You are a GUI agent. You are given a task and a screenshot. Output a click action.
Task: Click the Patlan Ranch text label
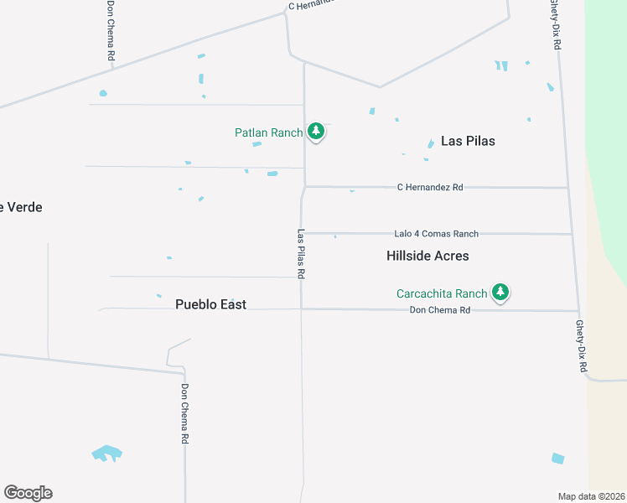click(x=268, y=132)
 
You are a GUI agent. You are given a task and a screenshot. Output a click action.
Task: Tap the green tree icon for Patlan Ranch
click(x=316, y=131)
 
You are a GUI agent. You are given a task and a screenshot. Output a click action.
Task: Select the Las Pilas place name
click(x=468, y=141)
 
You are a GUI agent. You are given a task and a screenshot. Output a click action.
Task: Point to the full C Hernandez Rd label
click(x=429, y=188)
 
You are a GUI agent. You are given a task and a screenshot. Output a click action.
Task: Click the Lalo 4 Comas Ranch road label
click(x=436, y=234)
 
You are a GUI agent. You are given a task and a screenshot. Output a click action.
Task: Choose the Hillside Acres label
click(x=427, y=256)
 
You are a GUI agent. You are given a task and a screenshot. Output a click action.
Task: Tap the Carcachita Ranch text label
click(x=442, y=293)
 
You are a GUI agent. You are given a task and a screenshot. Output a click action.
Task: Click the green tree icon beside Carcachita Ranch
click(x=500, y=292)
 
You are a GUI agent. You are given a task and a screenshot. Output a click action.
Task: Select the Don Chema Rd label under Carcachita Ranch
click(x=440, y=310)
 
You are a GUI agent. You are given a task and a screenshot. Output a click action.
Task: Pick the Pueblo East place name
click(x=210, y=304)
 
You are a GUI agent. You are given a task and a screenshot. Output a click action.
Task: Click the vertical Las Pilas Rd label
click(x=301, y=254)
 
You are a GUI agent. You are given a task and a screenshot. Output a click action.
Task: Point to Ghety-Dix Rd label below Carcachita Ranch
click(x=580, y=345)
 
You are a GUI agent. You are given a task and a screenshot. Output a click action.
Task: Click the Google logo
click(x=28, y=493)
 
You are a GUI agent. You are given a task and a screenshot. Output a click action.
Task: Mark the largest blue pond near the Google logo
click(x=106, y=454)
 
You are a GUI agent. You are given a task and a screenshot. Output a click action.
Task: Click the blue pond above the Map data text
click(x=557, y=458)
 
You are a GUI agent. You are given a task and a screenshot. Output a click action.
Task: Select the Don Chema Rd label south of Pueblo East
click(x=185, y=414)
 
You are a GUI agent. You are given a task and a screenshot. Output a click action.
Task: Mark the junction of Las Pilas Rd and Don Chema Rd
click(x=302, y=309)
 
